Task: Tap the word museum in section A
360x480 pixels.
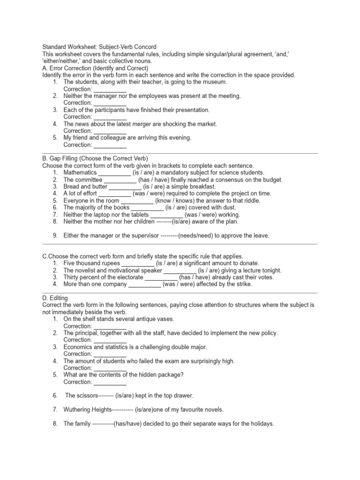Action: (x=215, y=82)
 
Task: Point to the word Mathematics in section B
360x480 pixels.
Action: (x=80, y=172)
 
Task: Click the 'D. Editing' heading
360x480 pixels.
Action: (x=55, y=298)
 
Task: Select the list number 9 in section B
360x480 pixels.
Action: (x=55, y=236)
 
